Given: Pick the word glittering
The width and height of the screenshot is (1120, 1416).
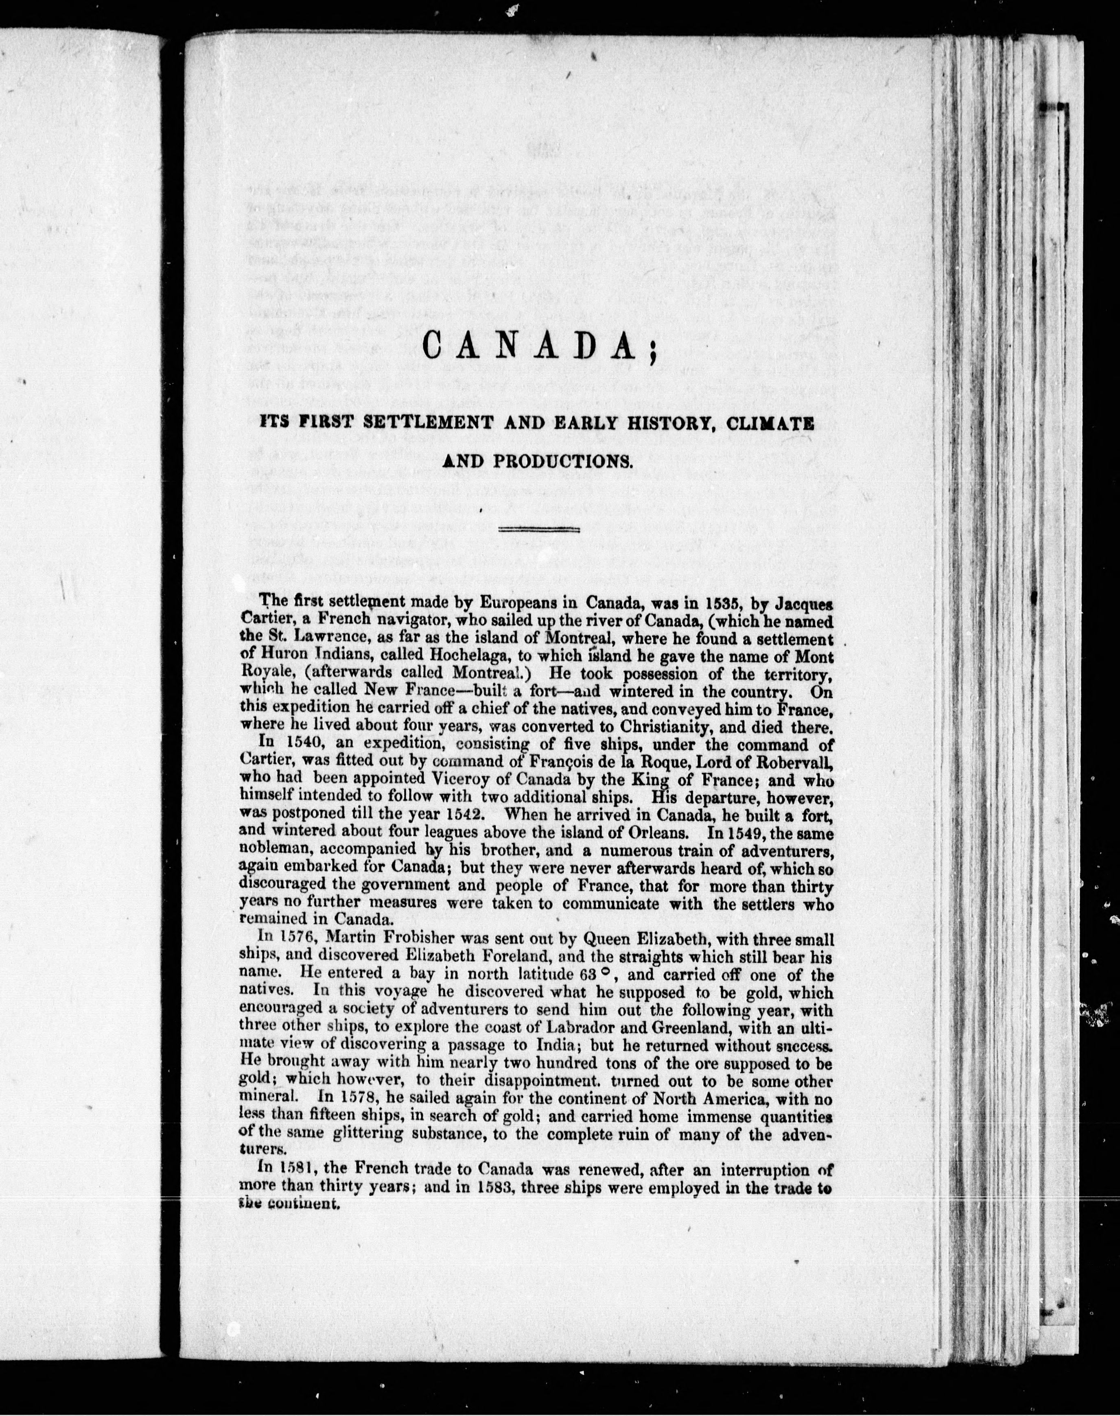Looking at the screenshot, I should pos(382,1136).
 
